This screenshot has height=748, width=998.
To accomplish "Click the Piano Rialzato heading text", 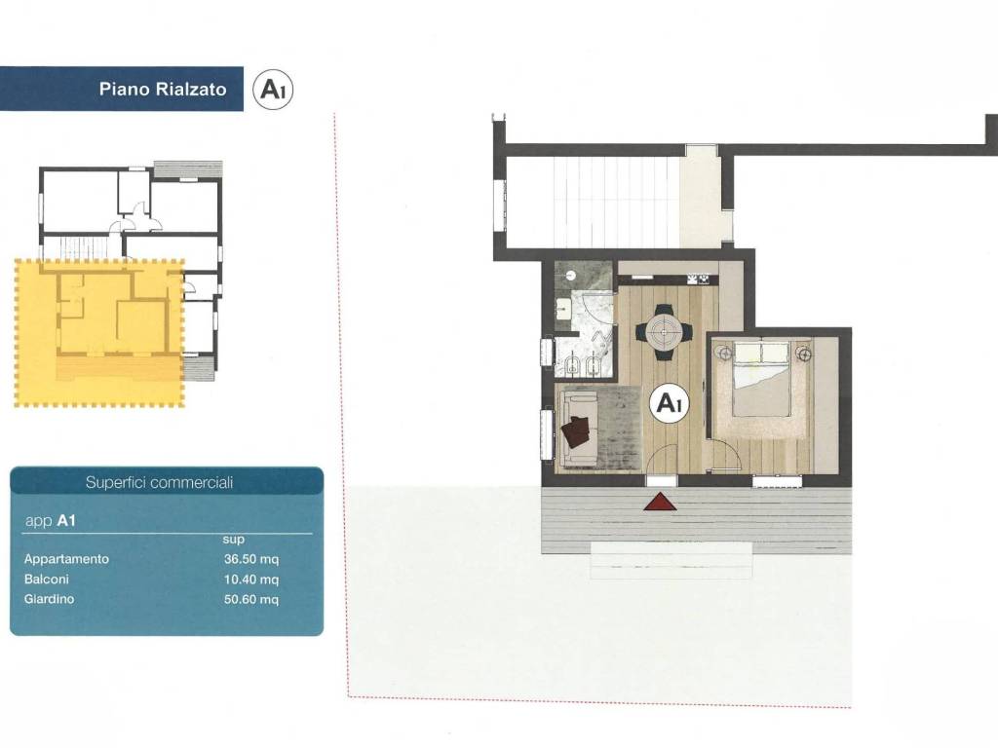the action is pos(163,89).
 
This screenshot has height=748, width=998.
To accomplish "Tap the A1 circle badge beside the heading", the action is pos(273,90).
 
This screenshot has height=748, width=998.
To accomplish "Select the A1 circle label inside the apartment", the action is pos(670,402).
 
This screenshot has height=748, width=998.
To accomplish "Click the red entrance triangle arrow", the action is pos(660,502).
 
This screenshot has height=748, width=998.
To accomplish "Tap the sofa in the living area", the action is pos(579,428).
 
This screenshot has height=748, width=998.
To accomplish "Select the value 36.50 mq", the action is pos(251,559).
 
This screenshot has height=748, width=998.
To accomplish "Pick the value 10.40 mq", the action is pos(251,580).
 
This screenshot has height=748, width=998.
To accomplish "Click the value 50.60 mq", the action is pos(251,599).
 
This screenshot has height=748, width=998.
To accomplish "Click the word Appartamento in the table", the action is pos(67,559).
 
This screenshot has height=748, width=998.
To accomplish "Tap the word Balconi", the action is pos(47,580).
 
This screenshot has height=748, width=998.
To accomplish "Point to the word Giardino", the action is pos(49,599).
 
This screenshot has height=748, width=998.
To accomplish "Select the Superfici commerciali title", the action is pos(159,483).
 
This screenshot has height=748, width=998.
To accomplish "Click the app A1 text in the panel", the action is pos(51,521).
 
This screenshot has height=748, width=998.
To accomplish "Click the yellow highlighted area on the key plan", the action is pos(99,332).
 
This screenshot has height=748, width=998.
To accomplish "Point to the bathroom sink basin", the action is pos(564,310).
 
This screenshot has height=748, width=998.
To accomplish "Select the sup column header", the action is pos(234,540).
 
